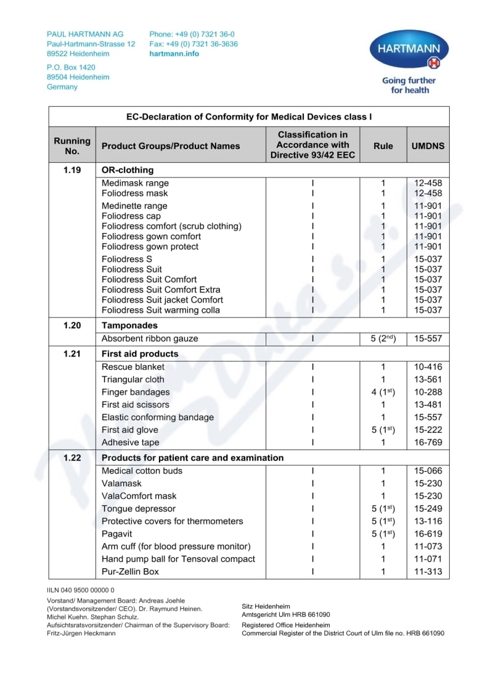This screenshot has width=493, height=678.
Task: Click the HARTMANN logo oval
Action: [x=409, y=50]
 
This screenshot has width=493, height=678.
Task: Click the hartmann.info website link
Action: [x=174, y=54]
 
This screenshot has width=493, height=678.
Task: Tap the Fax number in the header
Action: [x=194, y=44]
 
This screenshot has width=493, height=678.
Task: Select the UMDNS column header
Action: [x=428, y=146]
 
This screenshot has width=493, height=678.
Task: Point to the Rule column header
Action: [x=383, y=146]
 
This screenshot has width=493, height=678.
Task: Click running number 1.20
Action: [x=72, y=325]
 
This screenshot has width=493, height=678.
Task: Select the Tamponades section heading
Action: [x=129, y=325]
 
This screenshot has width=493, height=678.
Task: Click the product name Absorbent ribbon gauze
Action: [x=150, y=338]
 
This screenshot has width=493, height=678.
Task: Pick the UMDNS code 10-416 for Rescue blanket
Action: [x=428, y=367]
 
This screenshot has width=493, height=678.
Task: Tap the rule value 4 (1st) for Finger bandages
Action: [x=383, y=392]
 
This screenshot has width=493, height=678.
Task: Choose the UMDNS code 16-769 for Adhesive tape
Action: [x=428, y=442]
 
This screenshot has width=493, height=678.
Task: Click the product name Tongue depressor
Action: [x=139, y=508]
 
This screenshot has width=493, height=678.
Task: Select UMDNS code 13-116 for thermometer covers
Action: [x=428, y=521]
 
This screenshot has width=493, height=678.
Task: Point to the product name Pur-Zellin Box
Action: [x=130, y=571]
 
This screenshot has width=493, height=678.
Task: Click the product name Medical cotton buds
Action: [x=142, y=471]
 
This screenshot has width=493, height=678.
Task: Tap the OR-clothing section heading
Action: [x=128, y=169]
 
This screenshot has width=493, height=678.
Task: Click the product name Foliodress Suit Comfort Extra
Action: [x=161, y=290]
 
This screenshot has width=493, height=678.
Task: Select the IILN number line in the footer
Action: [x=81, y=590]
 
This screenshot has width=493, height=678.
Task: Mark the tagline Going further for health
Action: [x=409, y=85]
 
